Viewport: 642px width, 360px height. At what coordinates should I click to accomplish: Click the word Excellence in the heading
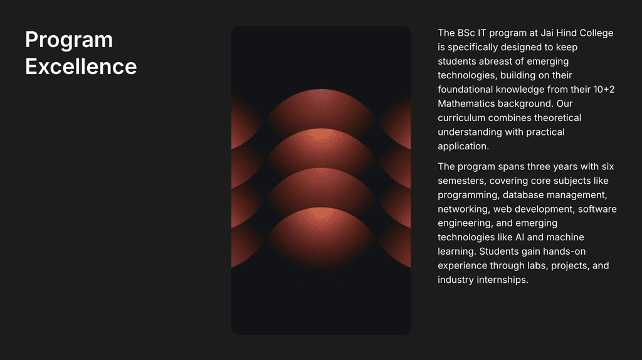tap(81, 66)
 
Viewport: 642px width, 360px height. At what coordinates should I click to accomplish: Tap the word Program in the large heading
tap(69, 40)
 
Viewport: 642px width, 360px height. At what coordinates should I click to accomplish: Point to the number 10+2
tap(603, 90)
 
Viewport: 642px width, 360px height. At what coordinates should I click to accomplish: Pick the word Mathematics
tap(466, 103)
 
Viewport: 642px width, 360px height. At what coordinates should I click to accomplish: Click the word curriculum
tap(463, 118)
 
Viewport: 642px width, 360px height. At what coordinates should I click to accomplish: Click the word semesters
tap(462, 181)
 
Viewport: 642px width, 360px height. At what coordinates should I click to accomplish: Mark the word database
tap(526, 195)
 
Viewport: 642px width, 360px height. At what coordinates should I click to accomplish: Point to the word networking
tap(463, 209)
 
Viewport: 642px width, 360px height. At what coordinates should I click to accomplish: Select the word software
tap(597, 209)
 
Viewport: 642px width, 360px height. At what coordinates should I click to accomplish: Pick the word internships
tap(501, 280)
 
